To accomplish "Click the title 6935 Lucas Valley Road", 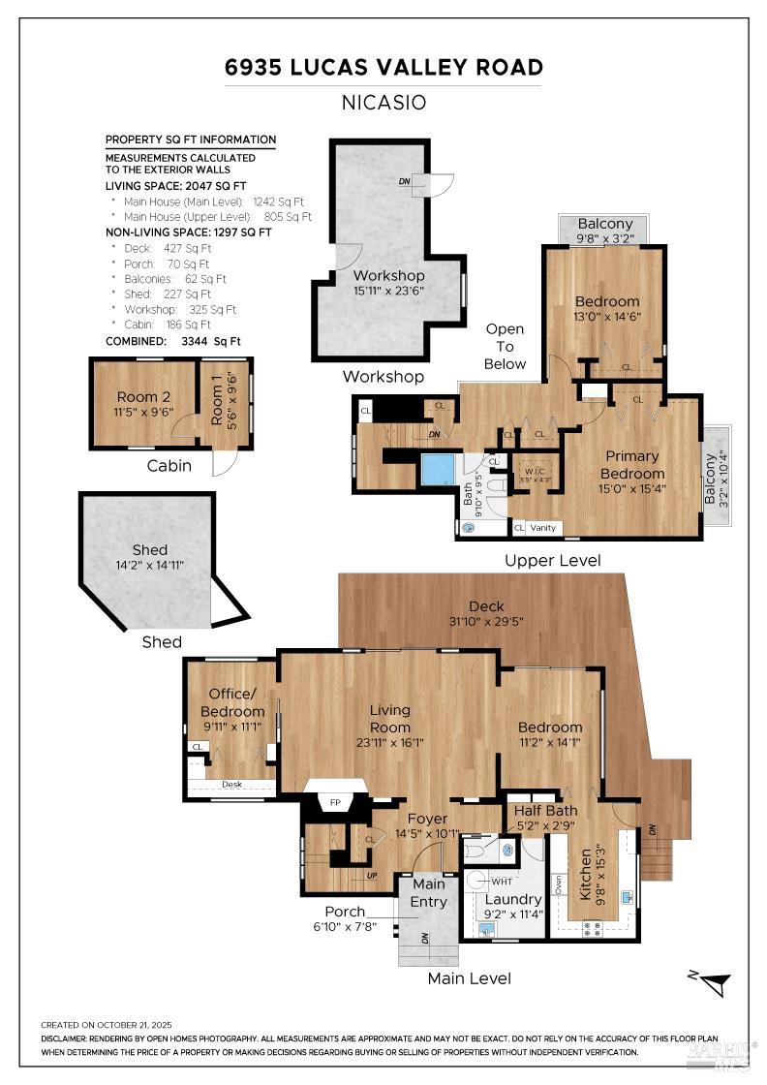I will click(383, 67).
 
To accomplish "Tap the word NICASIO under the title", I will click(383, 103).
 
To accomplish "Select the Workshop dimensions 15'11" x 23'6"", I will click(388, 290).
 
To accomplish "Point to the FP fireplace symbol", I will click(336, 803).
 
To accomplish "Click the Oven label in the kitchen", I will click(558, 884).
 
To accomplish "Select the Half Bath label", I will click(545, 810).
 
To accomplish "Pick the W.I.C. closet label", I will click(535, 463).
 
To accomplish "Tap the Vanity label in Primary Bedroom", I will click(543, 528).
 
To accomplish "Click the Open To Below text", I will click(506, 347).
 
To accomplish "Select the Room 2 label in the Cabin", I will click(143, 396).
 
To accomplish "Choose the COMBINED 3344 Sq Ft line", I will click(172, 341).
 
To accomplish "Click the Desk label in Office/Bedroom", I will click(231, 784).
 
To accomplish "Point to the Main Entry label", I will click(428, 892).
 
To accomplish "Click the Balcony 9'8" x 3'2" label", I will click(604, 231).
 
